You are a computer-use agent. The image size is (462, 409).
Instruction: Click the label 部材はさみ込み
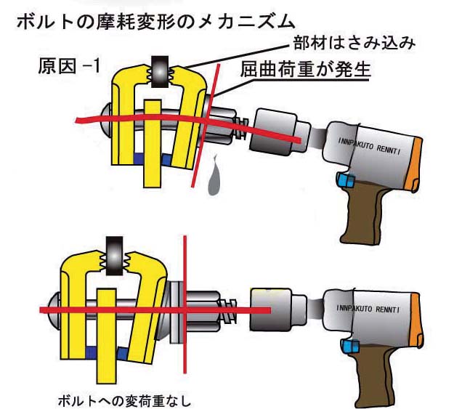(x=354, y=43)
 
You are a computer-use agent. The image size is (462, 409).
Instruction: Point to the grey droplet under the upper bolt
(x=215, y=182)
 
